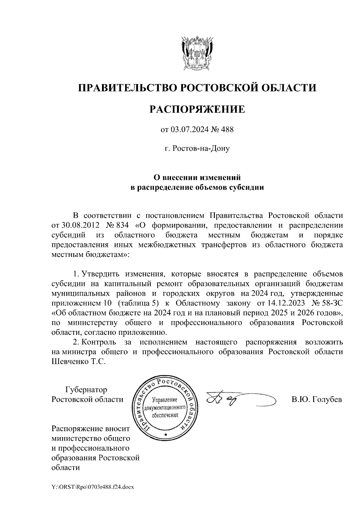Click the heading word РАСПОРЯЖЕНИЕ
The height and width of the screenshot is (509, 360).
click(x=197, y=109)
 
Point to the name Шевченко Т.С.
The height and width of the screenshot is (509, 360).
click(x=79, y=362)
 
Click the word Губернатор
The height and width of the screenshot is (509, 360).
click(x=86, y=390)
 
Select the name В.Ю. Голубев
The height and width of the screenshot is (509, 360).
click(x=316, y=400)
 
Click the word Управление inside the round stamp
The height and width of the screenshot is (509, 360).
click(x=165, y=400)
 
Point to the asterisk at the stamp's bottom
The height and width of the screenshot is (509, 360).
click(x=165, y=435)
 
